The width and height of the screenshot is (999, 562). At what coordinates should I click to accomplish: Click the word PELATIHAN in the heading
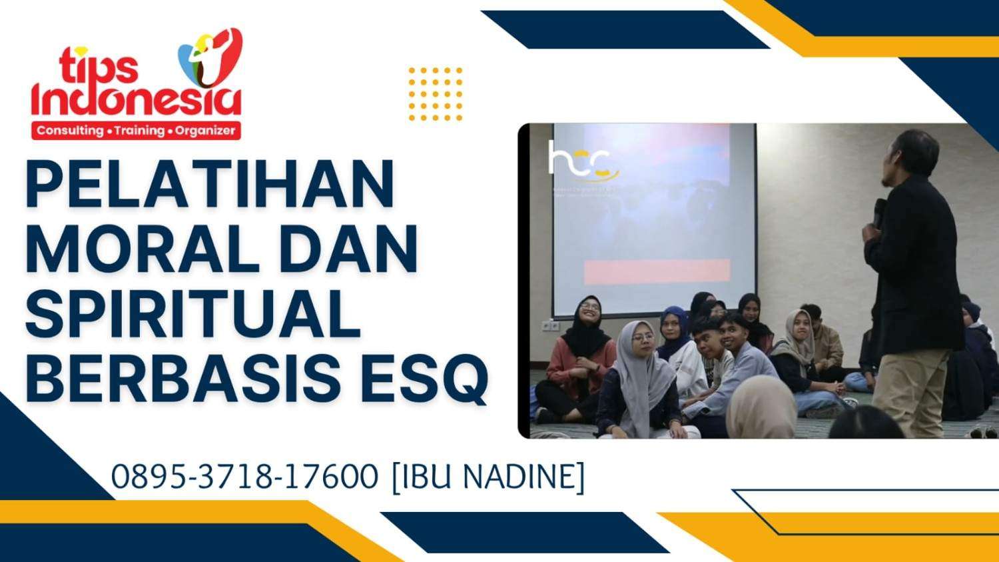[x=210, y=183]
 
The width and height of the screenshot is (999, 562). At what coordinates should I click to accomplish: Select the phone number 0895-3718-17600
[x=244, y=477]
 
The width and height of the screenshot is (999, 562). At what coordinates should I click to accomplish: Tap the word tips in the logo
[x=99, y=67]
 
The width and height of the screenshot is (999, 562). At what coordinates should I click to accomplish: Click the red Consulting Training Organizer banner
[x=136, y=131]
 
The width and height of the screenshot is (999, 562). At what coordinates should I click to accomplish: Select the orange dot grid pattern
[x=435, y=94]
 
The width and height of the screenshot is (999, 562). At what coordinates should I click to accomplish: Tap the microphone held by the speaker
[x=880, y=212]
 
